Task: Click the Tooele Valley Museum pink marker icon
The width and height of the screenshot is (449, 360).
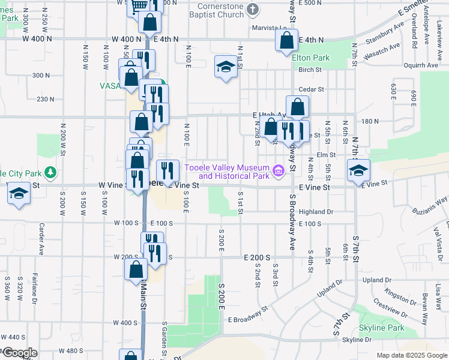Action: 278,172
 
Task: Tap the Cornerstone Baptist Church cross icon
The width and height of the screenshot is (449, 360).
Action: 253,10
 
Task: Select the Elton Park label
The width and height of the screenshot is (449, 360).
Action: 311,58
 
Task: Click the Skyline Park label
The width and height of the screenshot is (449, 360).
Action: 381,328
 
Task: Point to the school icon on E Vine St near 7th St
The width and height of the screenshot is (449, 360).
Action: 358,170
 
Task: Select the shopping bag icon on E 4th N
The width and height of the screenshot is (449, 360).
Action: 287,41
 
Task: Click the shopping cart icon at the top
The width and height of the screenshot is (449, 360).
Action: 139,6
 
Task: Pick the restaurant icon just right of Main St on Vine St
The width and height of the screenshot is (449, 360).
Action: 167,170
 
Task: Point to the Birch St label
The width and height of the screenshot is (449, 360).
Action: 310,70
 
